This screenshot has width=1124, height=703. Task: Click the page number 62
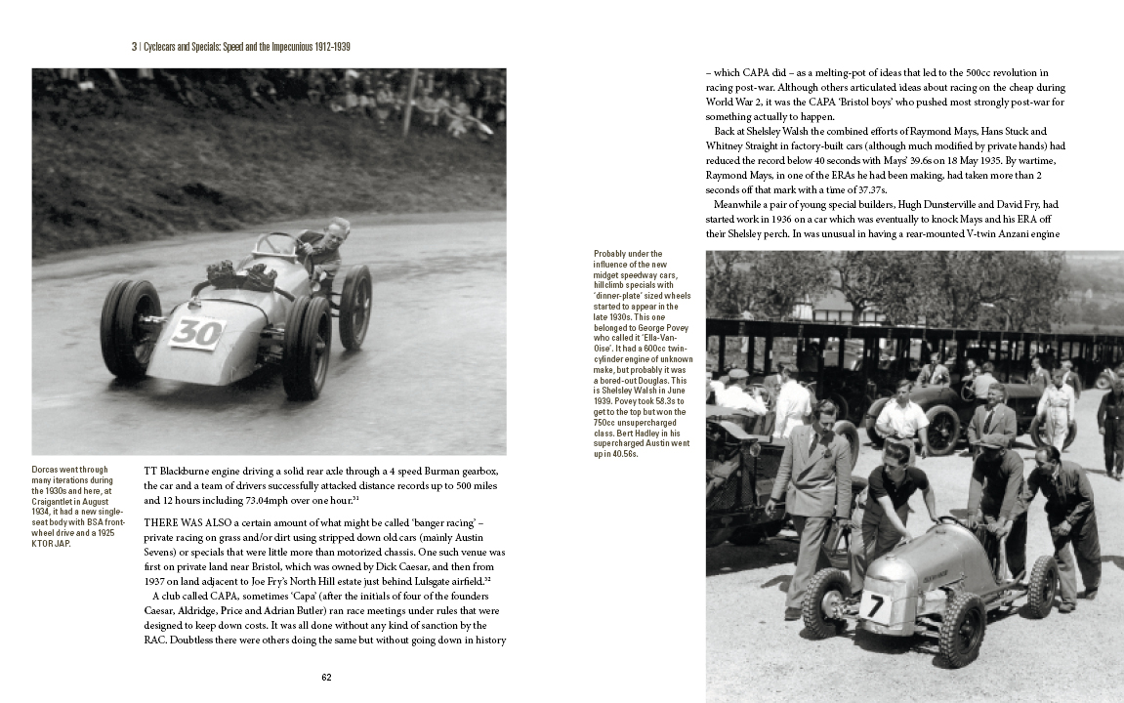coord(327,677)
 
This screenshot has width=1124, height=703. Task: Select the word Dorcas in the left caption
coord(47,470)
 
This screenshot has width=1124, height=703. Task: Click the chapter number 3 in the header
coord(134,46)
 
